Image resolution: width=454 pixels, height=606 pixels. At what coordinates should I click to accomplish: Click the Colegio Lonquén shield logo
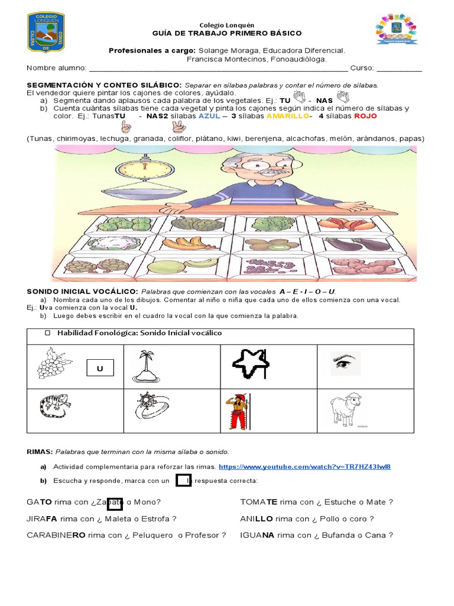click(46, 32)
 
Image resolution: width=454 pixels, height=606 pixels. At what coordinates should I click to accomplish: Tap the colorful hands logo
click(397, 29)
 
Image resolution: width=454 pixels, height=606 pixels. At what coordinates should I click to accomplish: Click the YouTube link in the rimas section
click(304, 466)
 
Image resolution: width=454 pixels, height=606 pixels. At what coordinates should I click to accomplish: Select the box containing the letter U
click(100, 368)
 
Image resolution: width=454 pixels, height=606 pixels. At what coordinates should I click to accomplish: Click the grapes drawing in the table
click(54, 363)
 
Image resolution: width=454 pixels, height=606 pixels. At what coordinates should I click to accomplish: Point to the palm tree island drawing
click(145, 366)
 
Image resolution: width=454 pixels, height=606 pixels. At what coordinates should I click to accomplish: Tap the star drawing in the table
click(251, 363)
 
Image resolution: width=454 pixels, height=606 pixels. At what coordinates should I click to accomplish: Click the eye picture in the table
click(345, 363)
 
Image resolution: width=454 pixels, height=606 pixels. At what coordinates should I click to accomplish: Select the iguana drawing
click(55, 405)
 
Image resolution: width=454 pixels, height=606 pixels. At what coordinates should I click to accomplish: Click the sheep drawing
click(346, 410)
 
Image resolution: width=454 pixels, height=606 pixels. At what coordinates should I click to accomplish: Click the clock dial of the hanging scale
click(145, 169)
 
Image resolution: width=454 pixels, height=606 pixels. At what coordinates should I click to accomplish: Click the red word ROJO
click(365, 116)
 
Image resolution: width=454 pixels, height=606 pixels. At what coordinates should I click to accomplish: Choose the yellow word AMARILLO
click(288, 116)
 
